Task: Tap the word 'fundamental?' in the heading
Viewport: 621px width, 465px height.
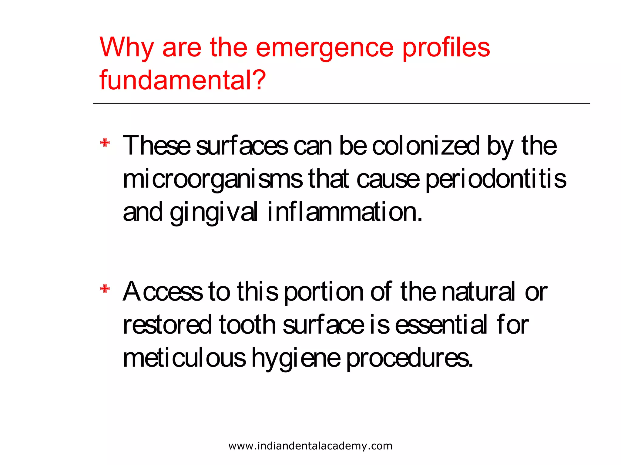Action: (x=183, y=80)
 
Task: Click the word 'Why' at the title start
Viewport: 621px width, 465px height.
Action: (x=127, y=48)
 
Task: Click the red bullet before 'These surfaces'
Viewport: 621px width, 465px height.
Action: (x=105, y=143)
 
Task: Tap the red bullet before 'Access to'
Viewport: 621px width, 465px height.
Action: (x=105, y=289)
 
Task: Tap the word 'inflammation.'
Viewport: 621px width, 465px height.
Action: (x=345, y=212)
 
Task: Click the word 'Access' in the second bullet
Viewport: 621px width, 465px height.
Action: (x=163, y=292)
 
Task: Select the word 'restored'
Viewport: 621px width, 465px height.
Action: (x=167, y=325)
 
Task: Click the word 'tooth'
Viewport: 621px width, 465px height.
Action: (x=247, y=325)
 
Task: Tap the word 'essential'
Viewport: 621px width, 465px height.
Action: (x=441, y=325)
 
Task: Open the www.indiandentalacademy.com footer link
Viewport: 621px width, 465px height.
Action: (x=310, y=446)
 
